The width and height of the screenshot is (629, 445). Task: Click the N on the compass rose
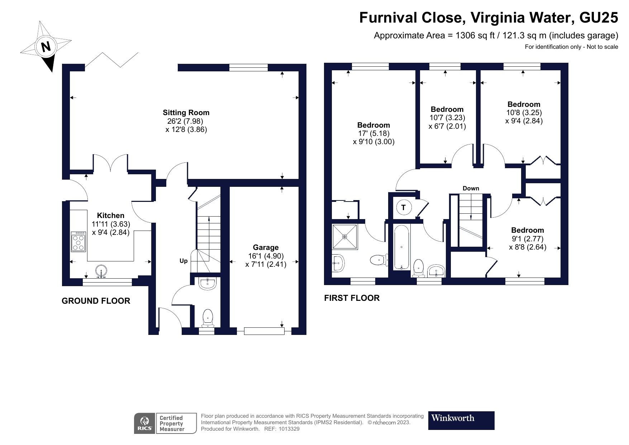pyautogui.click(x=46, y=47)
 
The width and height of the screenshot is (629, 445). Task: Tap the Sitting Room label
pyautogui.click(x=186, y=113)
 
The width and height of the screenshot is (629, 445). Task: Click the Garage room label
pyautogui.click(x=266, y=247)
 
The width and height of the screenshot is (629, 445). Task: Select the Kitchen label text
pyautogui.click(x=111, y=216)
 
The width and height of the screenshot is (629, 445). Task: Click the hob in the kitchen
pyautogui.click(x=79, y=241)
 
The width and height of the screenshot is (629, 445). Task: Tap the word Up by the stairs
pyautogui.click(x=184, y=261)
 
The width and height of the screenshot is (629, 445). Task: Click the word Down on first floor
pyautogui.click(x=471, y=188)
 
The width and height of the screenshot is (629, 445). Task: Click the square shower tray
pyautogui.click(x=345, y=237)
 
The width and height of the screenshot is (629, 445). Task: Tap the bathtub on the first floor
pyautogui.click(x=401, y=248)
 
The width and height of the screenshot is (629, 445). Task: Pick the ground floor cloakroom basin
pyautogui.click(x=208, y=283)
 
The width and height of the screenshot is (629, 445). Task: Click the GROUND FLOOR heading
pyautogui.click(x=96, y=301)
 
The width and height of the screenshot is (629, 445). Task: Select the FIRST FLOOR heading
pyautogui.click(x=352, y=298)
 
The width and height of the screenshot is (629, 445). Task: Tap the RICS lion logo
pyautogui.click(x=145, y=423)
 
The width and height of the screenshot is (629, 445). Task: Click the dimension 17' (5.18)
pyautogui.click(x=373, y=133)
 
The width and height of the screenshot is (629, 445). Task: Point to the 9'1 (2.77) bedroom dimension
pyautogui.click(x=527, y=239)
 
